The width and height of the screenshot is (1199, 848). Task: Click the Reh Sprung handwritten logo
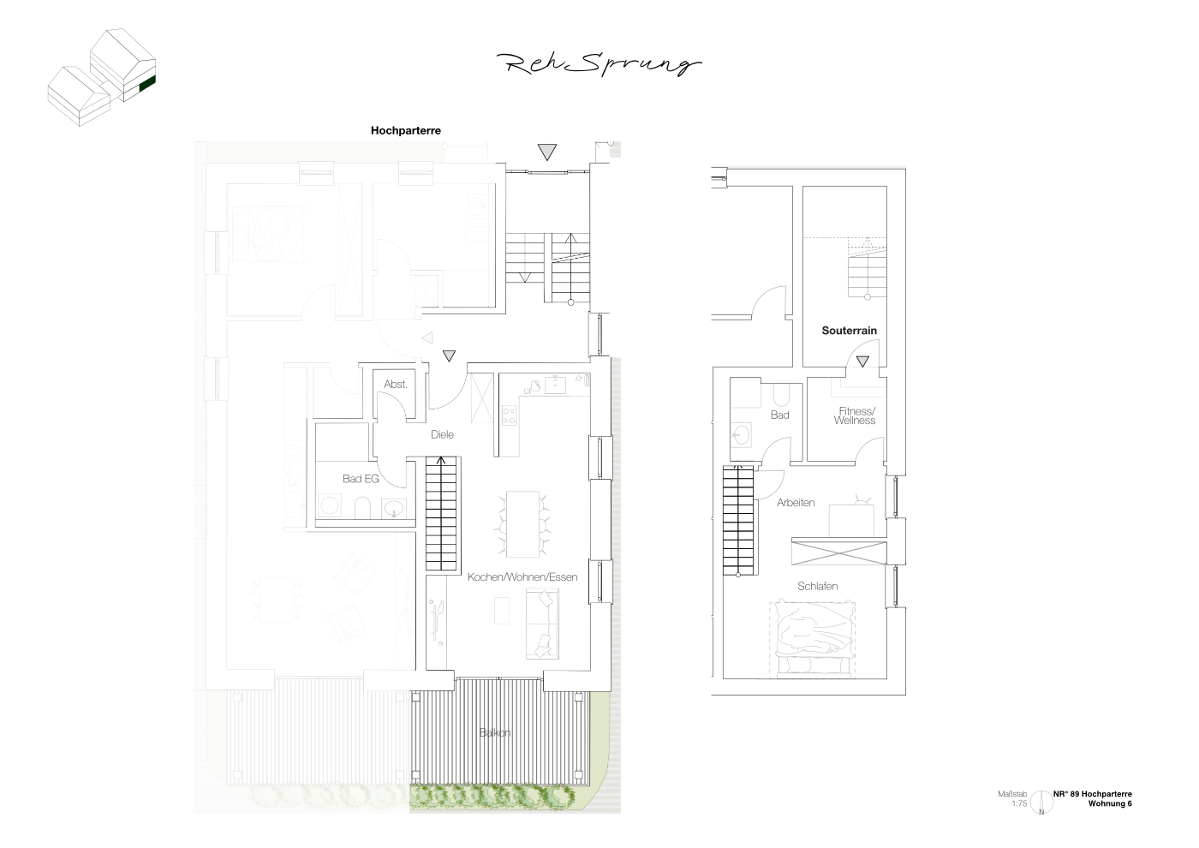599,65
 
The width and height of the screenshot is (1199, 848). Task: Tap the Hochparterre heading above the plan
406,130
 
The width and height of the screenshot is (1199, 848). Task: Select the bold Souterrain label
849,331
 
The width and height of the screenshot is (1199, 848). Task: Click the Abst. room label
396,384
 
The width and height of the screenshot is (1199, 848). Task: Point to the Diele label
442,435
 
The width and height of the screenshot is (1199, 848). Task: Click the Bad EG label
361,479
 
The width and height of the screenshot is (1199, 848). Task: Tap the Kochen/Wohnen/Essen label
522,577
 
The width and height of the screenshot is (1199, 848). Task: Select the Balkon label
495,732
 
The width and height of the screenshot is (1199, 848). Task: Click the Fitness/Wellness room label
855,416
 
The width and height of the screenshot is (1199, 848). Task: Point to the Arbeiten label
796,503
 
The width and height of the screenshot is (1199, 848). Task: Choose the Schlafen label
817,586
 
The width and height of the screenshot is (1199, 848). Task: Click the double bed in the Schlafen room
812,640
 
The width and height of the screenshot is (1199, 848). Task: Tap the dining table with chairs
522,524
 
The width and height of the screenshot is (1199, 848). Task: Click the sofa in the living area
542,624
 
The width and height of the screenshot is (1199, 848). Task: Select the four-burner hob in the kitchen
509,415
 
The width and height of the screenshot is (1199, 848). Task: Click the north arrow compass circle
1041,803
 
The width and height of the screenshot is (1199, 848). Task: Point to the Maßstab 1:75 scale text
1012,798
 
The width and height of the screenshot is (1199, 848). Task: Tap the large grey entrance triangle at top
547,152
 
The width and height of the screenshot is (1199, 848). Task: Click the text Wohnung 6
1110,803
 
